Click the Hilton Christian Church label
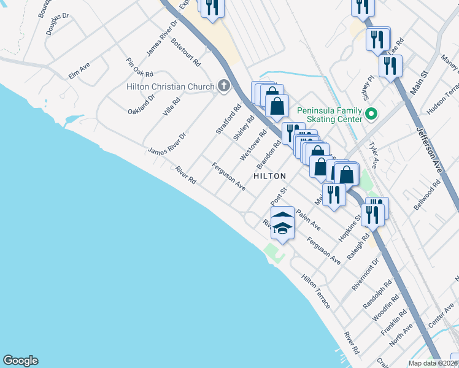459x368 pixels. pyautogui.click(x=170, y=86)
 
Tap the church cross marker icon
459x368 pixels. pyautogui.click(x=225, y=86)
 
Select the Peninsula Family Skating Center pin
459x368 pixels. pyautogui.click(x=371, y=114)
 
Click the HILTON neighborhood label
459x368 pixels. pyautogui.click(x=270, y=175)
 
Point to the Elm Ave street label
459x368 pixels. pyautogui.click(x=79, y=74)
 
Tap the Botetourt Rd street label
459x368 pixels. pyautogui.click(x=186, y=53)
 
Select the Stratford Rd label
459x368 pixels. pyautogui.click(x=228, y=120)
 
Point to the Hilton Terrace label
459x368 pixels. pyautogui.click(x=316, y=291)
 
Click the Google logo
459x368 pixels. pyautogui.click(x=20, y=361)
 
